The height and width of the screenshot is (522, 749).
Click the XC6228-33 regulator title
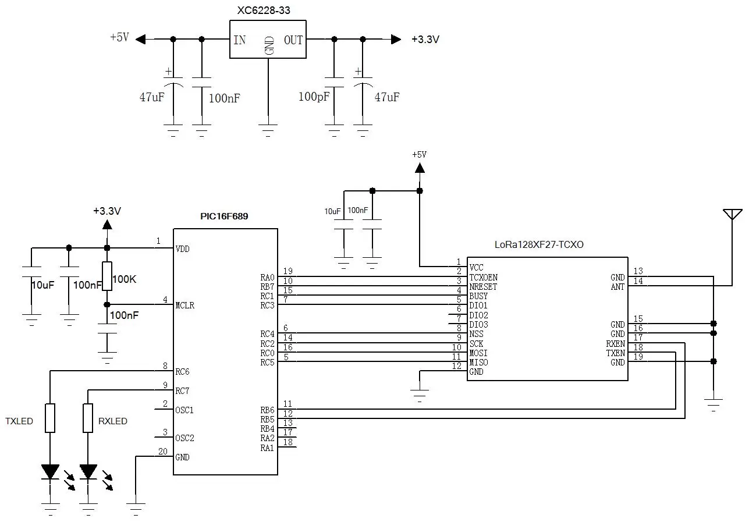264,10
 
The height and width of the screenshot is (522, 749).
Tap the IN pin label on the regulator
239,40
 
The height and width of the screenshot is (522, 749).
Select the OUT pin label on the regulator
293,40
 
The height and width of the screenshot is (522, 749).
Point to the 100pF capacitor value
314,97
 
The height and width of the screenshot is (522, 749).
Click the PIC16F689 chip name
224,216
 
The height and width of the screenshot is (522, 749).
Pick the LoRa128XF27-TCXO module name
539,244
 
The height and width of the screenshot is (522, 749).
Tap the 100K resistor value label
125,279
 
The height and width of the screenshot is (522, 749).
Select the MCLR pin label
185,306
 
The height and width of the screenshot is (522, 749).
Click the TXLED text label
19,421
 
